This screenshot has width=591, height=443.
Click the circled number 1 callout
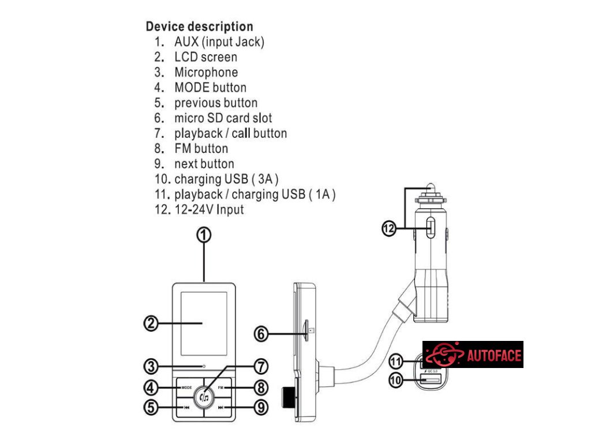(204, 235)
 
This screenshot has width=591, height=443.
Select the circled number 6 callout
(262, 333)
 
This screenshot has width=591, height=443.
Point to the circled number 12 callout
(389, 229)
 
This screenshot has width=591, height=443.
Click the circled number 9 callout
(261, 407)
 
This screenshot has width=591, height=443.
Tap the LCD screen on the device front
(204, 323)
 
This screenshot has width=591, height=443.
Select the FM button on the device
(226, 388)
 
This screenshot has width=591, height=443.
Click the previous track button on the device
(184, 407)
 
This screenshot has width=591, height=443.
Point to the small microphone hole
(204, 366)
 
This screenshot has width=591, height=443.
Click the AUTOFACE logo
(473, 354)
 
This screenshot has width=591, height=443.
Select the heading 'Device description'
(199, 27)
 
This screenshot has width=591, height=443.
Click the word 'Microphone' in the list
(206, 72)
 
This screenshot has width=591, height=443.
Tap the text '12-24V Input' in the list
(209, 209)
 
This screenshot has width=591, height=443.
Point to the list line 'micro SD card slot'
(223, 118)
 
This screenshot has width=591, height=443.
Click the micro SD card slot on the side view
(306, 332)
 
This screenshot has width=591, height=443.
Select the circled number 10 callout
(395, 381)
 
